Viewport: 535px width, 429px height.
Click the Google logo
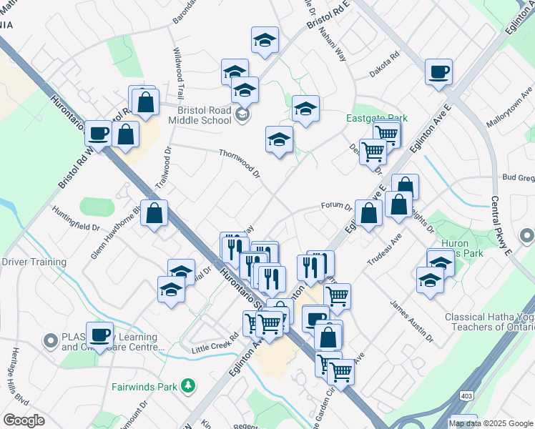tap(24, 420)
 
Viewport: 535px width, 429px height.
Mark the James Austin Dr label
tap(412, 319)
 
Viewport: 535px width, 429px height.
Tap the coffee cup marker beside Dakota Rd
tap(438, 73)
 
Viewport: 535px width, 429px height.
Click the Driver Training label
tap(34, 262)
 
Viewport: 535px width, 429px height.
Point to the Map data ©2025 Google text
tap(491, 423)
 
